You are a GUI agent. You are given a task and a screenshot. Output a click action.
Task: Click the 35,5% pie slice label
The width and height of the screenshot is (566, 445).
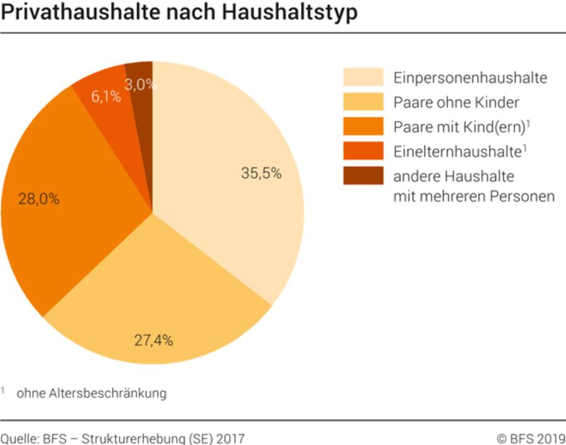pos(261,174)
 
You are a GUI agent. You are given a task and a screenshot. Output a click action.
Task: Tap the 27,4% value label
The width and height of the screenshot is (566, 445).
pos(153,341)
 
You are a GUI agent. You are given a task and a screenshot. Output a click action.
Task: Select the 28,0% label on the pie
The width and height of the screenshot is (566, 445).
pos(39,200)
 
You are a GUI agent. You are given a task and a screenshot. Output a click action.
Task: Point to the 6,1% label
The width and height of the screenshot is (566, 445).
pos(106,97)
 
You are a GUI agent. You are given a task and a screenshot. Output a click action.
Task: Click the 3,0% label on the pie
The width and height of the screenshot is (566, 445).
pos(139,84)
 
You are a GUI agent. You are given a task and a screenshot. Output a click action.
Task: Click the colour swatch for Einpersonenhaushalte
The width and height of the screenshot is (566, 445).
pos(363,77)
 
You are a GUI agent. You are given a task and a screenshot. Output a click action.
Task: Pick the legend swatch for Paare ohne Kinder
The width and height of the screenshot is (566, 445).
pos(363,101)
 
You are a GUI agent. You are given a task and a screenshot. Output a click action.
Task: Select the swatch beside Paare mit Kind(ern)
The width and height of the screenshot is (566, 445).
pos(363,126)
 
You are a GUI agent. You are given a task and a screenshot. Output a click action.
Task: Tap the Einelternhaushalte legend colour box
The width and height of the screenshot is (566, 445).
pos(363,150)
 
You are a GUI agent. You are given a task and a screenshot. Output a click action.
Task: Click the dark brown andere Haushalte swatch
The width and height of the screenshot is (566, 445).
pos(363,175)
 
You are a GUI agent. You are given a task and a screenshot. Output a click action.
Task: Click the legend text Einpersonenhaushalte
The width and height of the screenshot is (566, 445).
pos(470,78)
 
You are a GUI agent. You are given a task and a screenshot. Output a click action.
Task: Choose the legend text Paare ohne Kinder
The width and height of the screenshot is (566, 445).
pos(456,102)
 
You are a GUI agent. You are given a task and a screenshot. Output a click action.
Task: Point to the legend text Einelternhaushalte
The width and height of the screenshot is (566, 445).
pos(457,151)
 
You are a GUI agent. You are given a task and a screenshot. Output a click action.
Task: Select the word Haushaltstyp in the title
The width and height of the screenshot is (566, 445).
pos(292,13)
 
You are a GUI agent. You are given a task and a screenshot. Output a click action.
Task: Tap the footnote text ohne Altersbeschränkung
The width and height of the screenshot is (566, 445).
pos(92,393)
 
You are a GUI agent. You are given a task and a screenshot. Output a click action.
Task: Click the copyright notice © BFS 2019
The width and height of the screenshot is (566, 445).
pos(530,438)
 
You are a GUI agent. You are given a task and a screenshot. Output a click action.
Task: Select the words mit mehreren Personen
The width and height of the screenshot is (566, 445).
pos(474,196)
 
